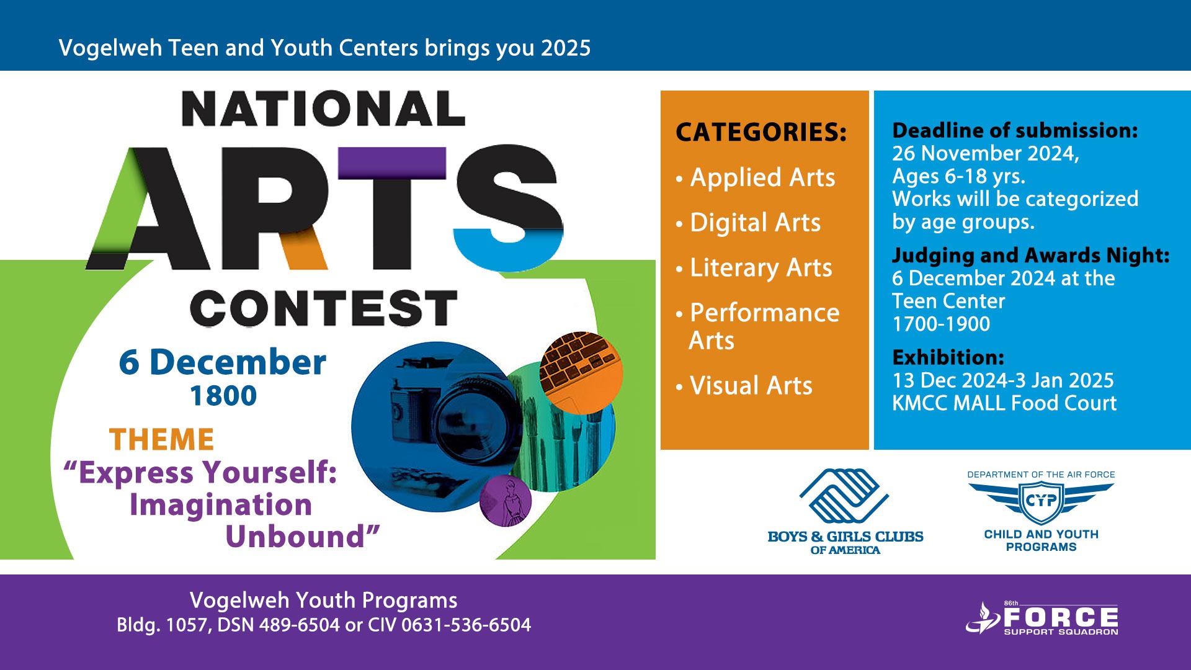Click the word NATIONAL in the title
323,109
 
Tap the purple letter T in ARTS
392,208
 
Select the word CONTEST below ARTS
324,308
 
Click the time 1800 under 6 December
223,396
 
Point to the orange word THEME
162,440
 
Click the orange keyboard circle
581,372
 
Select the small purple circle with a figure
506,501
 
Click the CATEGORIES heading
761,132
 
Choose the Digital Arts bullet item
748,223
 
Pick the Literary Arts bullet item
754,268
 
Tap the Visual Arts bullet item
744,386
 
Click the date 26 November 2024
986,153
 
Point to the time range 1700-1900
941,324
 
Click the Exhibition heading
948,357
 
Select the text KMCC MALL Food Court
1004,403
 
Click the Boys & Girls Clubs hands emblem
844,496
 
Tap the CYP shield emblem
1042,501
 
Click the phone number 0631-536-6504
466,625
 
